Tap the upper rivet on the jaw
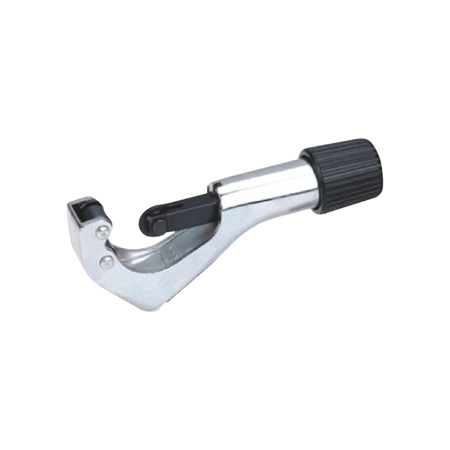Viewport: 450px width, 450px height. [102, 230]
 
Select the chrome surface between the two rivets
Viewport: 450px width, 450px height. [104, 247]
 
